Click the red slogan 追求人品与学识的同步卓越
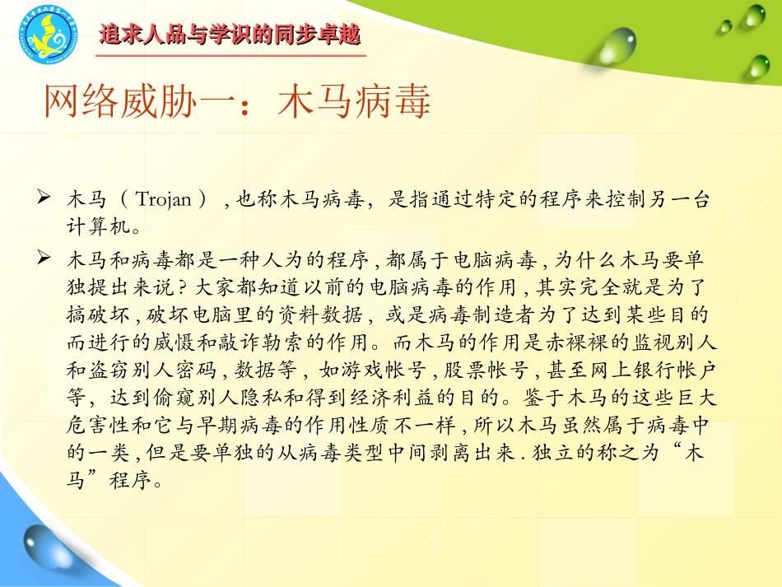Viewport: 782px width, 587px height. (x=230, y=35)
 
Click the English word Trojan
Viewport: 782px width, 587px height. (x=163, y=200)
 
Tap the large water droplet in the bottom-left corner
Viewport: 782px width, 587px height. (x=39, y=547)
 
